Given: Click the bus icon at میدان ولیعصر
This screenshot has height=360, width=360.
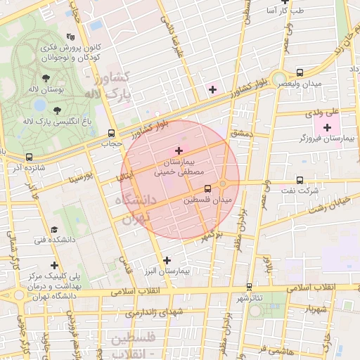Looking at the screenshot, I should (300, 72).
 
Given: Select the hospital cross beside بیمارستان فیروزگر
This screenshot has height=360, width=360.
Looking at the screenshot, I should (327, 127).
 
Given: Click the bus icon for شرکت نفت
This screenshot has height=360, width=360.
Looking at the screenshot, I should (300, 181).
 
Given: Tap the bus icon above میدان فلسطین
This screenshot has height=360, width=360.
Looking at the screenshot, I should (207, 188).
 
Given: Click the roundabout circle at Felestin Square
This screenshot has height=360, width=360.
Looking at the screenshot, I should (224, 184).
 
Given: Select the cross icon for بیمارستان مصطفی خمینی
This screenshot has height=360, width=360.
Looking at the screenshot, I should (179, 150).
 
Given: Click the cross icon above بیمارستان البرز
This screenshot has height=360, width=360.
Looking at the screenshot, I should (167, 260).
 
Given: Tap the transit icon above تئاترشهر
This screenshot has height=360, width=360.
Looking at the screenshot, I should (249, 287).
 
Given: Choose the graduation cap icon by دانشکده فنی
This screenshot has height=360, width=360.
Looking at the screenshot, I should (54, 230).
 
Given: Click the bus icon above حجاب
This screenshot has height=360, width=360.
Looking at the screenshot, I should (111, 133).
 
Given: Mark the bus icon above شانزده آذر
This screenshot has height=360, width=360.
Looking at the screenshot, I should (29, 157).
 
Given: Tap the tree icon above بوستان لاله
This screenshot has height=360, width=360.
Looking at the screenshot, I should (46, 78).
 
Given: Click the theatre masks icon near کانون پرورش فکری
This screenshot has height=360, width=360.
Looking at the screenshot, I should (70, 37).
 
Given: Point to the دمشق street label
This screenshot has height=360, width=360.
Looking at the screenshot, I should (240, 132).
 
